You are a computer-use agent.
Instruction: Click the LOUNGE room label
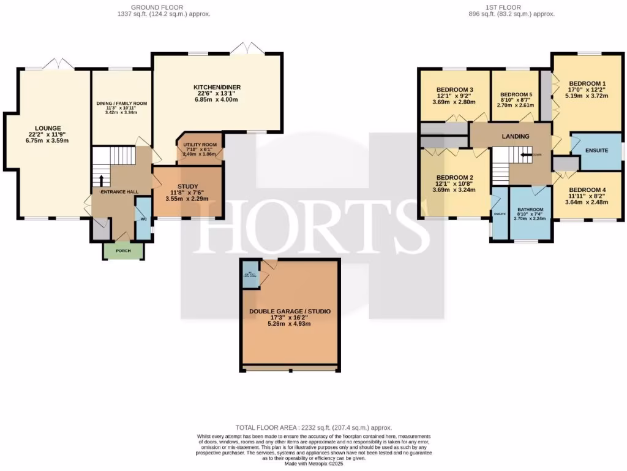point(48,128)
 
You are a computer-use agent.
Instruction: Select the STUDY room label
point(187,186)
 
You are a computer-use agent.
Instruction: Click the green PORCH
point(123,251)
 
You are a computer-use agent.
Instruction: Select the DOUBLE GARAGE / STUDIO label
point(290,312)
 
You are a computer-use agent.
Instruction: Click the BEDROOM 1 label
point(587,83)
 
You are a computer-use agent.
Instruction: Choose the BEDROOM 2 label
point(454,178)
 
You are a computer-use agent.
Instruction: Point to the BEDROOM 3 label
point(454,90)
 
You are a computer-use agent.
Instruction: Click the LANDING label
point(514,136)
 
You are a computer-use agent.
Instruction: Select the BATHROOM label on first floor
point(530,209)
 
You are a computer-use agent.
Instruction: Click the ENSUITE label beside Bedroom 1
point(596,150)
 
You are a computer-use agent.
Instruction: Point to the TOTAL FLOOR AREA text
point(313,427)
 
